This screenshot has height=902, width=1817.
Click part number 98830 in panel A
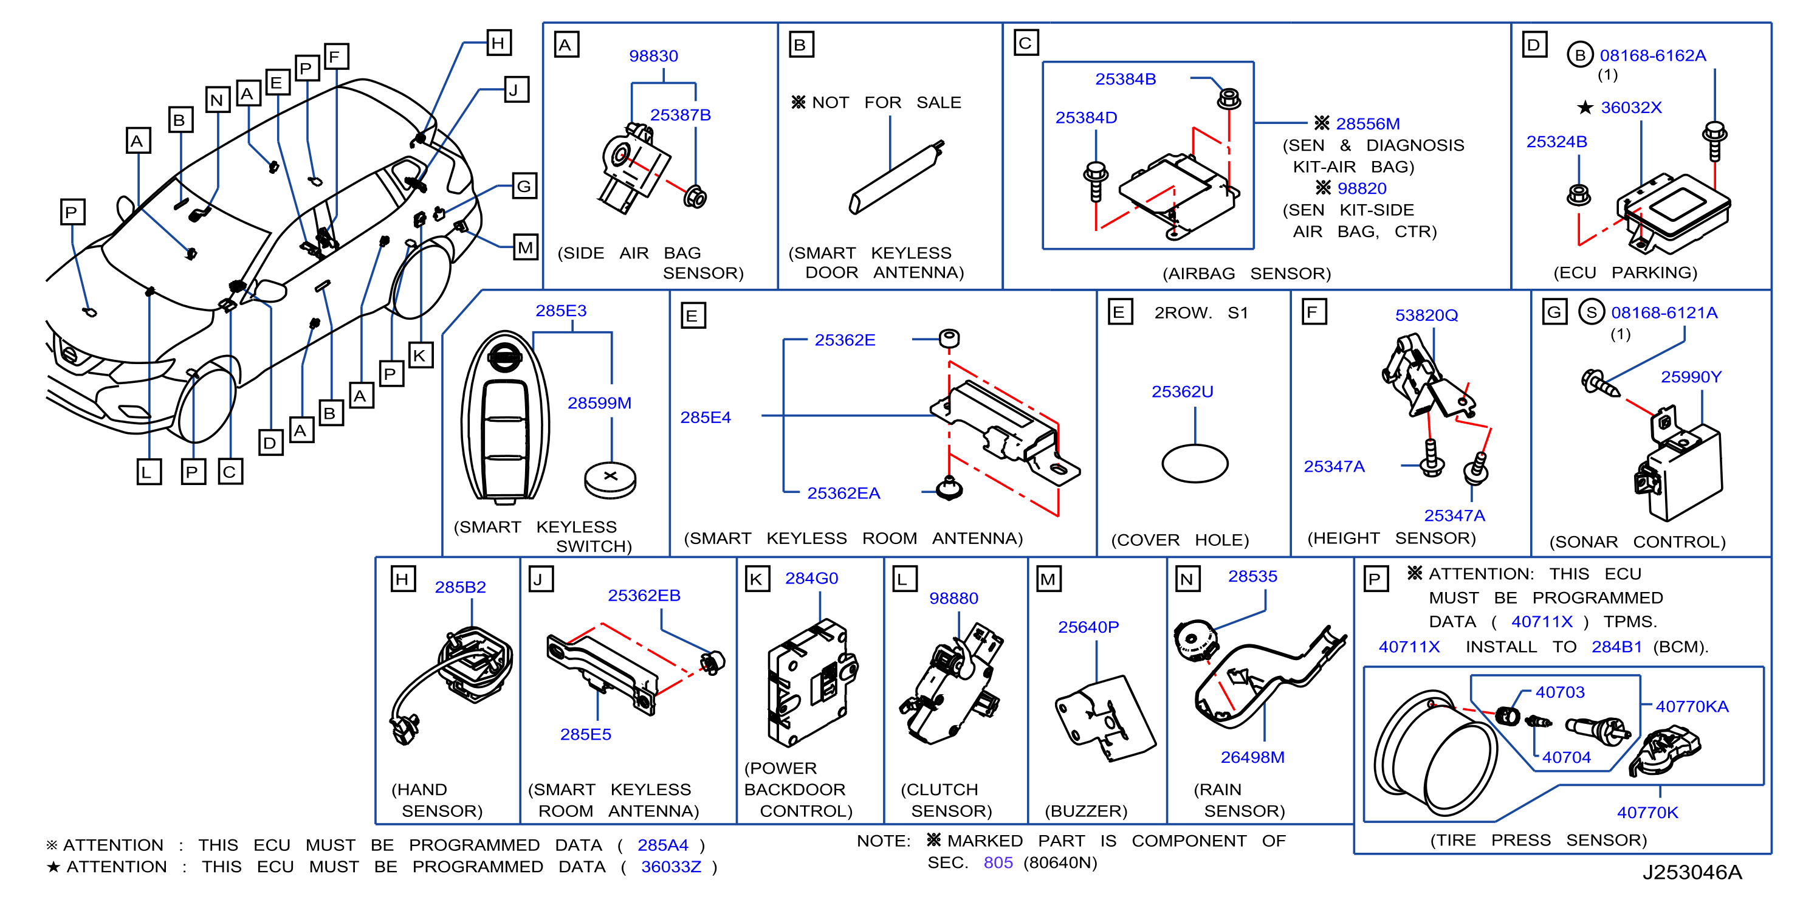(x=653, y=56)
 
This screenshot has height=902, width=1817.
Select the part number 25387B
(x=680, y=115)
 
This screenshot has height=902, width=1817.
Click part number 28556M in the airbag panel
(x=1368, y=123)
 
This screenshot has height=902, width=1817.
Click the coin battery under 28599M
(x=610, y=480)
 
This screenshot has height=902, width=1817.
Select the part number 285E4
(x=706, y=418)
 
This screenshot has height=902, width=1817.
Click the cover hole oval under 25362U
(x=1195, y=463)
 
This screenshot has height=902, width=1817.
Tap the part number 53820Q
(x=1426, y=315)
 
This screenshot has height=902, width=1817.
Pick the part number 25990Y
(x=1691, y=377)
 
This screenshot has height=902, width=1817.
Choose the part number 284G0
(x=811, y=578)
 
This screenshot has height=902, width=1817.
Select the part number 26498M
(x=1252, y=757)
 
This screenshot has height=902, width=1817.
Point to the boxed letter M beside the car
(x=525, y=247)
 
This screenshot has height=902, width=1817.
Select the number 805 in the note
(x=998, y=862)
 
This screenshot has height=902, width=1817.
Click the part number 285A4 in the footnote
(x=662, y=845)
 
